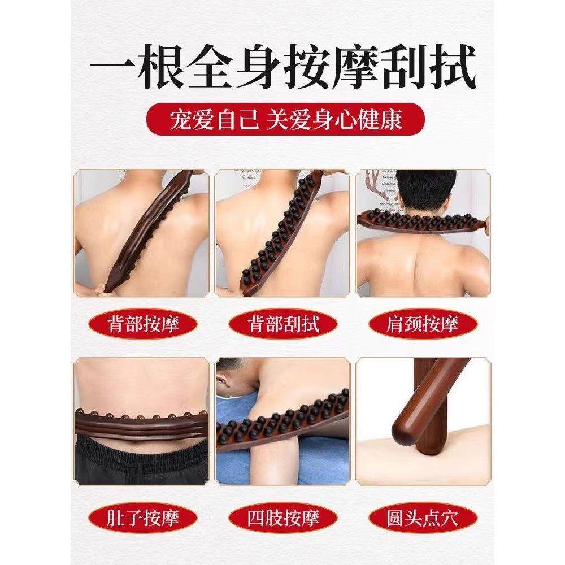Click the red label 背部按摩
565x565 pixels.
pyautogui.click(x=142, y=325)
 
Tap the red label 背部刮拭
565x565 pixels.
pyautogui.click(x=283, y=325)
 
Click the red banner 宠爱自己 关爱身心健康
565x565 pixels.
pyautogui.click(x=282, y=120)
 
